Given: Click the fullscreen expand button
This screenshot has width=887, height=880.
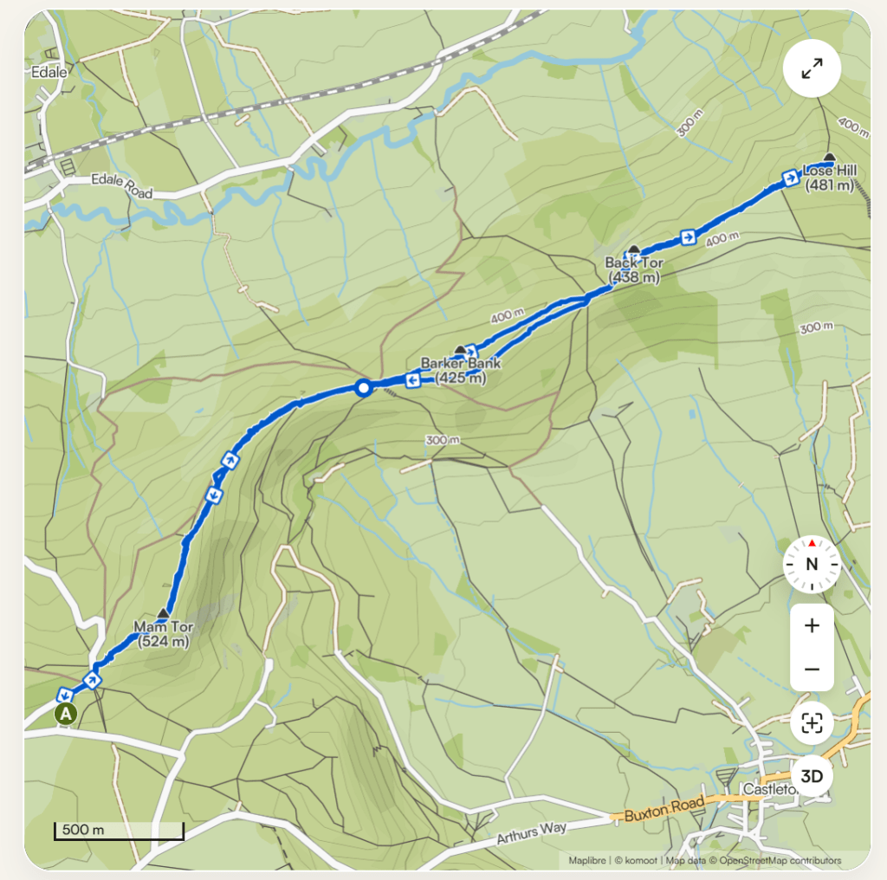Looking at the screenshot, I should [x=812, y=70].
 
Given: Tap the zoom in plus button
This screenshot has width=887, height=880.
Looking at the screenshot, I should [x=812, y=625].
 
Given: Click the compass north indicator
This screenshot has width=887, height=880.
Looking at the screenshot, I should [x=812, y=564].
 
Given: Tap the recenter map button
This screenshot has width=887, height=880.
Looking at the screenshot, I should [x=812, y=722].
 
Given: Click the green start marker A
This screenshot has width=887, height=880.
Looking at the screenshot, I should [x=66, y=714].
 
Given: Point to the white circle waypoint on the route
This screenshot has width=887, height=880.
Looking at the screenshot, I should [x=364, y=388].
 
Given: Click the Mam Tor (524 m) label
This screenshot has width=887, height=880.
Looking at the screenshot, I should [x=162, y=633].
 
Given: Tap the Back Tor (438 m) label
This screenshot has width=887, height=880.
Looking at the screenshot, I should [x=633, y=269].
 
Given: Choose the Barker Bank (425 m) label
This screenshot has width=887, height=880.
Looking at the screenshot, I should [x=460, y=370].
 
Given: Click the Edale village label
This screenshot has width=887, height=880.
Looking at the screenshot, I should [x=49, y=73].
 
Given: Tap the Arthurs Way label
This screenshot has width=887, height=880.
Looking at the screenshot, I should [x=532, y=832].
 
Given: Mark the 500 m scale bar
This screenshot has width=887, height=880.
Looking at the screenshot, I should [x=119, y=831].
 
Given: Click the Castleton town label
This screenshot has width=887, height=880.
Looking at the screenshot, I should [x=767, y=790].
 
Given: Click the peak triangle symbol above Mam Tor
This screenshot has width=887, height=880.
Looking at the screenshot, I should [x=162, y=613].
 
